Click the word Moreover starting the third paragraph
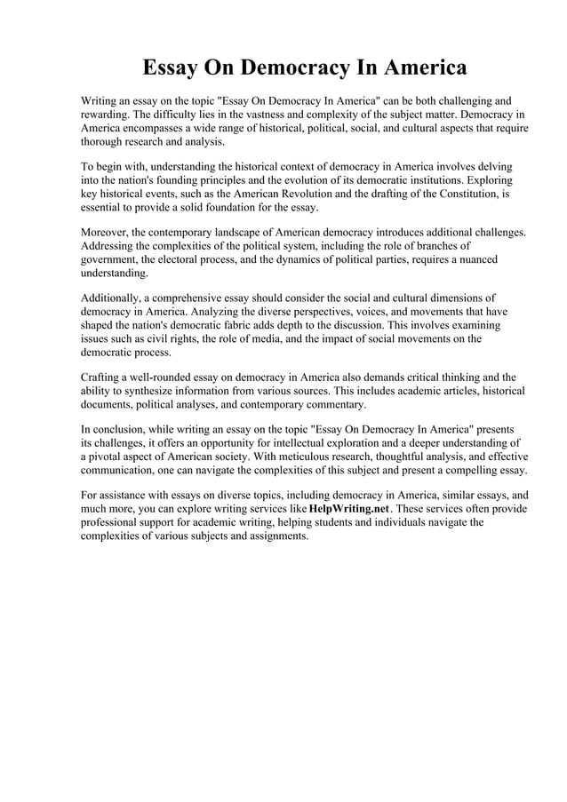pyautogui.click(x=107, y=233)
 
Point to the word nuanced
pyautogui.click(x=474, y=259)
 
